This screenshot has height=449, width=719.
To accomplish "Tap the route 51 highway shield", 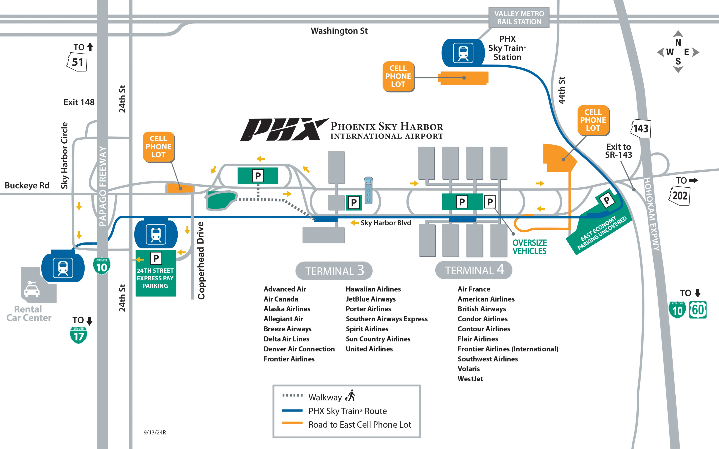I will click(x=77, y=62).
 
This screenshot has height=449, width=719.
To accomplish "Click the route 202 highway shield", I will click(x=679, y=196).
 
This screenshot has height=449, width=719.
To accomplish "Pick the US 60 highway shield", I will click(x=698, y=310).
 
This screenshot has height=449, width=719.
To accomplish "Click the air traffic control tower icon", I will click(x=368, y=190).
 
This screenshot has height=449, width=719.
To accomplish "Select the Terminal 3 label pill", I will click(x=334, y=270).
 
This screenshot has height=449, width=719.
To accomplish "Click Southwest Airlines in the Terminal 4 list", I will click(x=487, y=359).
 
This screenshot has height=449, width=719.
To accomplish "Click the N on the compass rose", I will click(x=678, y=43).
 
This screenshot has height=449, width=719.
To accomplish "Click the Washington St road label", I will click(x=339, y=31).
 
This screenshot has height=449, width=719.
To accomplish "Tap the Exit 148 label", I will click(x=79, y=102).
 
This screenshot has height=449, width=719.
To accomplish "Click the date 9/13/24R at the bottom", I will click(x=154, y=432).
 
